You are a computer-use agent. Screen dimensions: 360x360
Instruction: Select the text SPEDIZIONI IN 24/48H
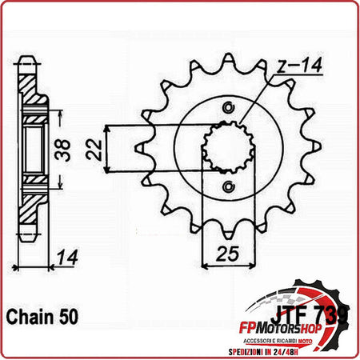[290, 346]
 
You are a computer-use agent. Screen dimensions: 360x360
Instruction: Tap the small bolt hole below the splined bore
[230, 186]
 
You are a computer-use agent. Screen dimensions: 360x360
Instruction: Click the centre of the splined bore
[228, 148]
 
